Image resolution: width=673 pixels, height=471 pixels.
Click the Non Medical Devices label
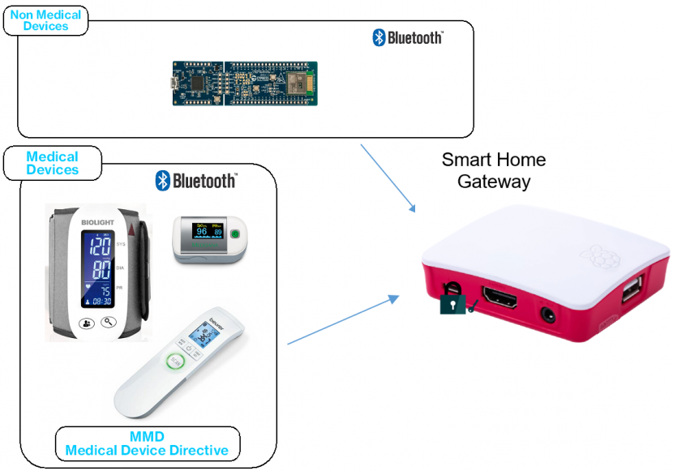(x=45, y=20)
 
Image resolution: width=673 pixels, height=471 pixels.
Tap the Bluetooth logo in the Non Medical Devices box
(x=407, y=37)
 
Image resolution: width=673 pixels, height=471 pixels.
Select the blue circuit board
(x=244, y=83)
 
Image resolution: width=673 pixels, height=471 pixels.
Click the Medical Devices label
(x=53, y=163)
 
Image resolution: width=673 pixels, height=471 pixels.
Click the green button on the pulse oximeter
(x=235, y=234)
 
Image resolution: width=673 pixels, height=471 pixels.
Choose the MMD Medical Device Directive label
(x=147, y=443)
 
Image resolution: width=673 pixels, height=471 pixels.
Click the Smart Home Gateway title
(x=493, y=170)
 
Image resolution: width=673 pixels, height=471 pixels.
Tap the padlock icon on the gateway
(x=451, y=304)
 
